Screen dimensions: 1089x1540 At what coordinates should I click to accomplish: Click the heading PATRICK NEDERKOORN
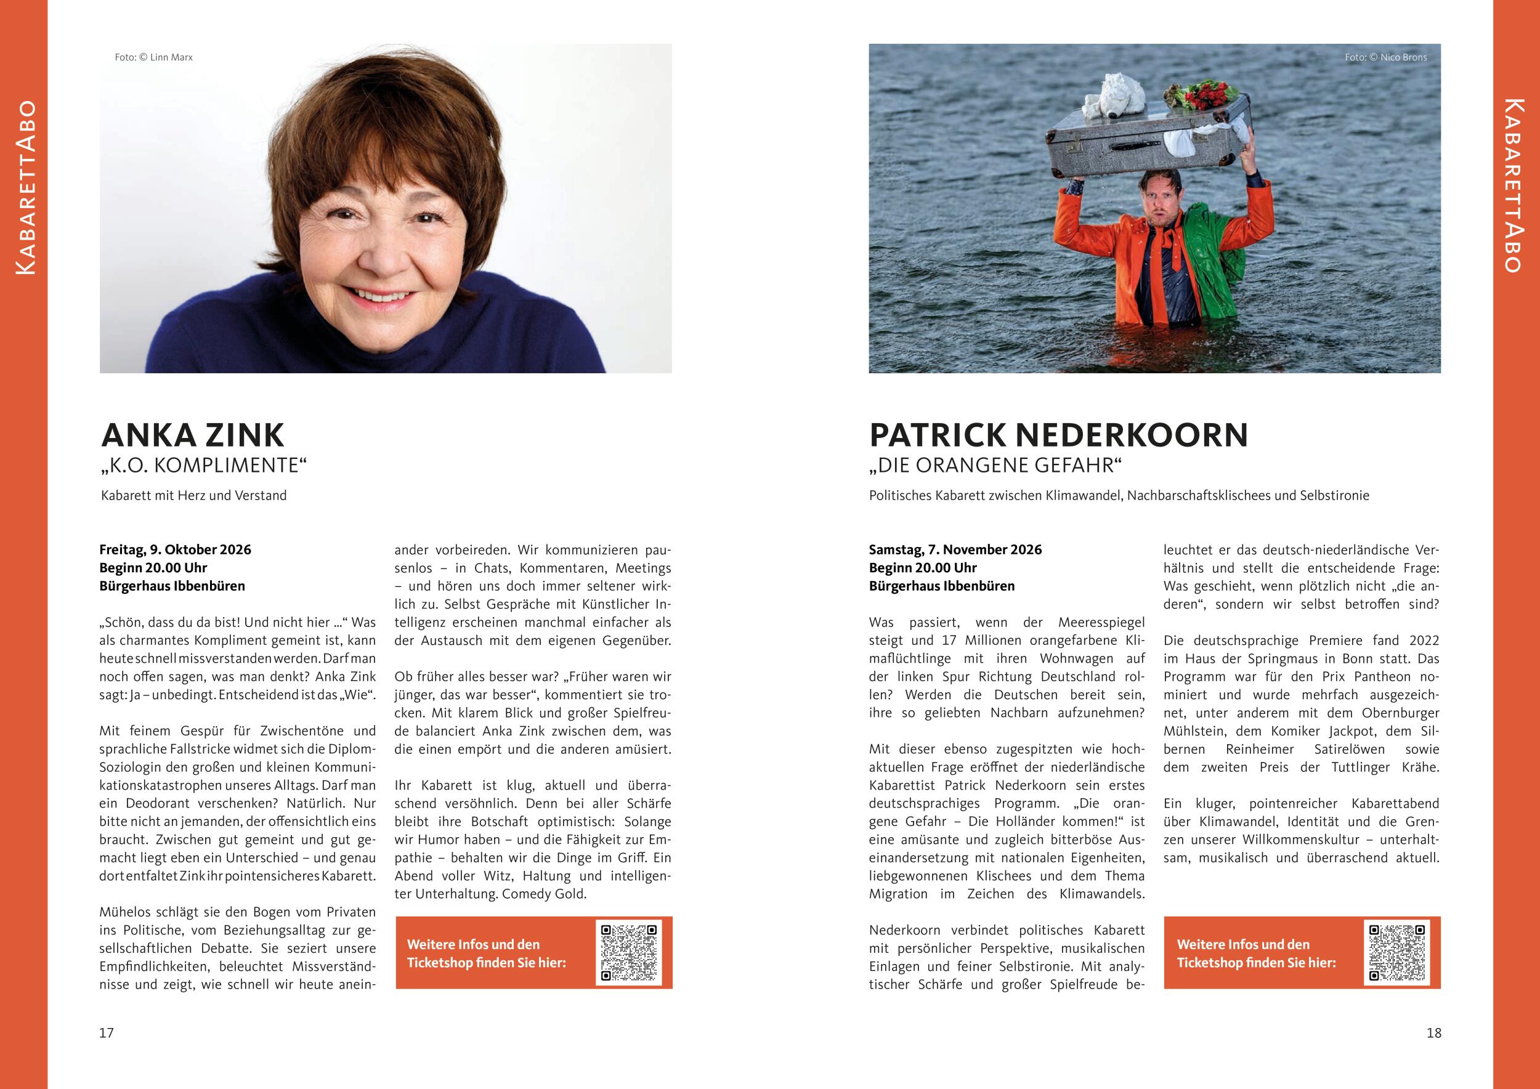tap(1058, 435)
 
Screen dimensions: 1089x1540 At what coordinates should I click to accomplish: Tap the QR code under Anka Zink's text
tap(628, 952)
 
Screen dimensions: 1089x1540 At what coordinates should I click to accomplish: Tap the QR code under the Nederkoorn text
tap(1397, 952)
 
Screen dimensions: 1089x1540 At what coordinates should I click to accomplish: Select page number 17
tap(107, 1033)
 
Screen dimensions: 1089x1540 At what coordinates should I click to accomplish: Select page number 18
tap(1433, 1033)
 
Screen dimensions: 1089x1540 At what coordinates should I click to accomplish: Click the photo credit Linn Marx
tap(153, 58)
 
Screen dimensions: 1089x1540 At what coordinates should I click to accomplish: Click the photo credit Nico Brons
tap(1386, 58)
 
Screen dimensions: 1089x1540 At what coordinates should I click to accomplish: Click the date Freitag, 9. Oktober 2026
tap(175, 550)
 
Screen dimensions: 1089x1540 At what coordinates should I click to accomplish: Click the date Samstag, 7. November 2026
tap(955, 550)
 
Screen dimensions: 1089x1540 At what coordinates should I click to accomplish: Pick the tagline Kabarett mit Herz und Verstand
tap(194, 496)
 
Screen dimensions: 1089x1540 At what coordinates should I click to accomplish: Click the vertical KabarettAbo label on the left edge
tap(25, 188)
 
